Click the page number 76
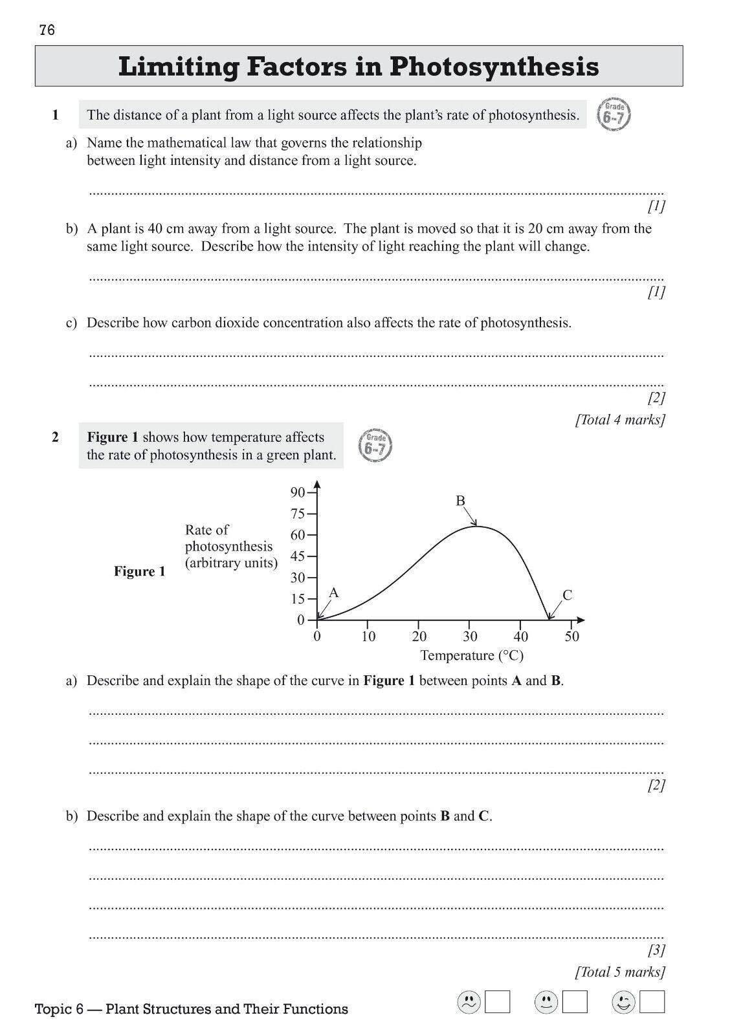coord(47,30)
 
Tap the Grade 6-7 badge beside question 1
coord(614,114)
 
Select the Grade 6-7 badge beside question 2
coord(375,446)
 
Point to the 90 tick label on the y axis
coord(297,492)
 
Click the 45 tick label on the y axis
coord(297,556)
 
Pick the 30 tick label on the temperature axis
coord(470,637)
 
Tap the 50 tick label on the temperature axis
coord(572,637)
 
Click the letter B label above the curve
coord(461,501)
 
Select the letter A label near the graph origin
coord(334,593)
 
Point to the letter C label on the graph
coord(568,595)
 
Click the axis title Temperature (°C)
coord(472,655)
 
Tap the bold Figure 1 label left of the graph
coord(140,571)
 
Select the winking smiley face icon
coord(623,1002)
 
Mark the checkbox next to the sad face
coord(498,1002)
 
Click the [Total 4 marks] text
coord(620,420)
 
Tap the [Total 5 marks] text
coord(620,972)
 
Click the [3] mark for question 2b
coord(656,950)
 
